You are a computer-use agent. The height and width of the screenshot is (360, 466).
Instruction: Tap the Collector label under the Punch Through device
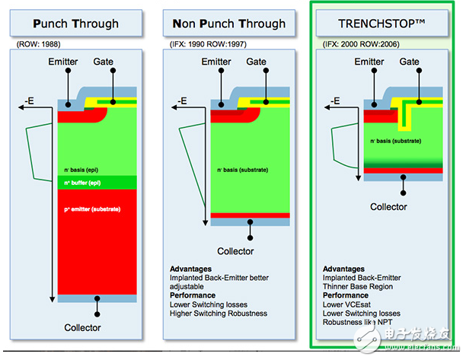click(81, 328)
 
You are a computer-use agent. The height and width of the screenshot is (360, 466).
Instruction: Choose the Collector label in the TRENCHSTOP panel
click(388, 206)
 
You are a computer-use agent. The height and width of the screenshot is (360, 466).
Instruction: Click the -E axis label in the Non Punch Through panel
click(181, 100)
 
